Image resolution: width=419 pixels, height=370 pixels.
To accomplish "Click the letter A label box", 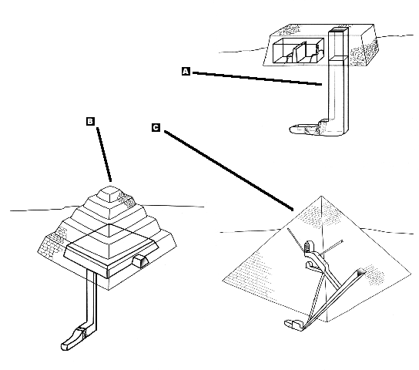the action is point(186,72).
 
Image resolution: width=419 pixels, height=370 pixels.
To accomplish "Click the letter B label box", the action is point(90,121).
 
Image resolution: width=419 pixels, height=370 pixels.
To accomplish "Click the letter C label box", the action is point(156,127).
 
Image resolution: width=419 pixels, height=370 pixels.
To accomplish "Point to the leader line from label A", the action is point(257,79).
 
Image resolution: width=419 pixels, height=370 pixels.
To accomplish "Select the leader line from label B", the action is point(104,154).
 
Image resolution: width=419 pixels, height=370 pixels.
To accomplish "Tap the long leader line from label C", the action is point(229,170).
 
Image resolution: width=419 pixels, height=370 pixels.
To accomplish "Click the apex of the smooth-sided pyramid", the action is point(321,197).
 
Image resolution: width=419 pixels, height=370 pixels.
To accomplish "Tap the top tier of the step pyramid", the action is point(111,193).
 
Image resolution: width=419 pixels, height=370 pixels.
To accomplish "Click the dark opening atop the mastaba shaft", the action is point(340,30).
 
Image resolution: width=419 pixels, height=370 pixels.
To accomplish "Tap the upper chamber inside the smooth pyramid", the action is point(308,246).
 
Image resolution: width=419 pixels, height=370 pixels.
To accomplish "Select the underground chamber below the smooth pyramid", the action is point(294,325).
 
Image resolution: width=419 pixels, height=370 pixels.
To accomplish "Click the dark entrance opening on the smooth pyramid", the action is point(360,272).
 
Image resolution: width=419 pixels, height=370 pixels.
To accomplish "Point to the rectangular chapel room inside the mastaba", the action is point(298,50).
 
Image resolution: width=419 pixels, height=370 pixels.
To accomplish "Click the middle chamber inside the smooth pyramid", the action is point(310,265).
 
